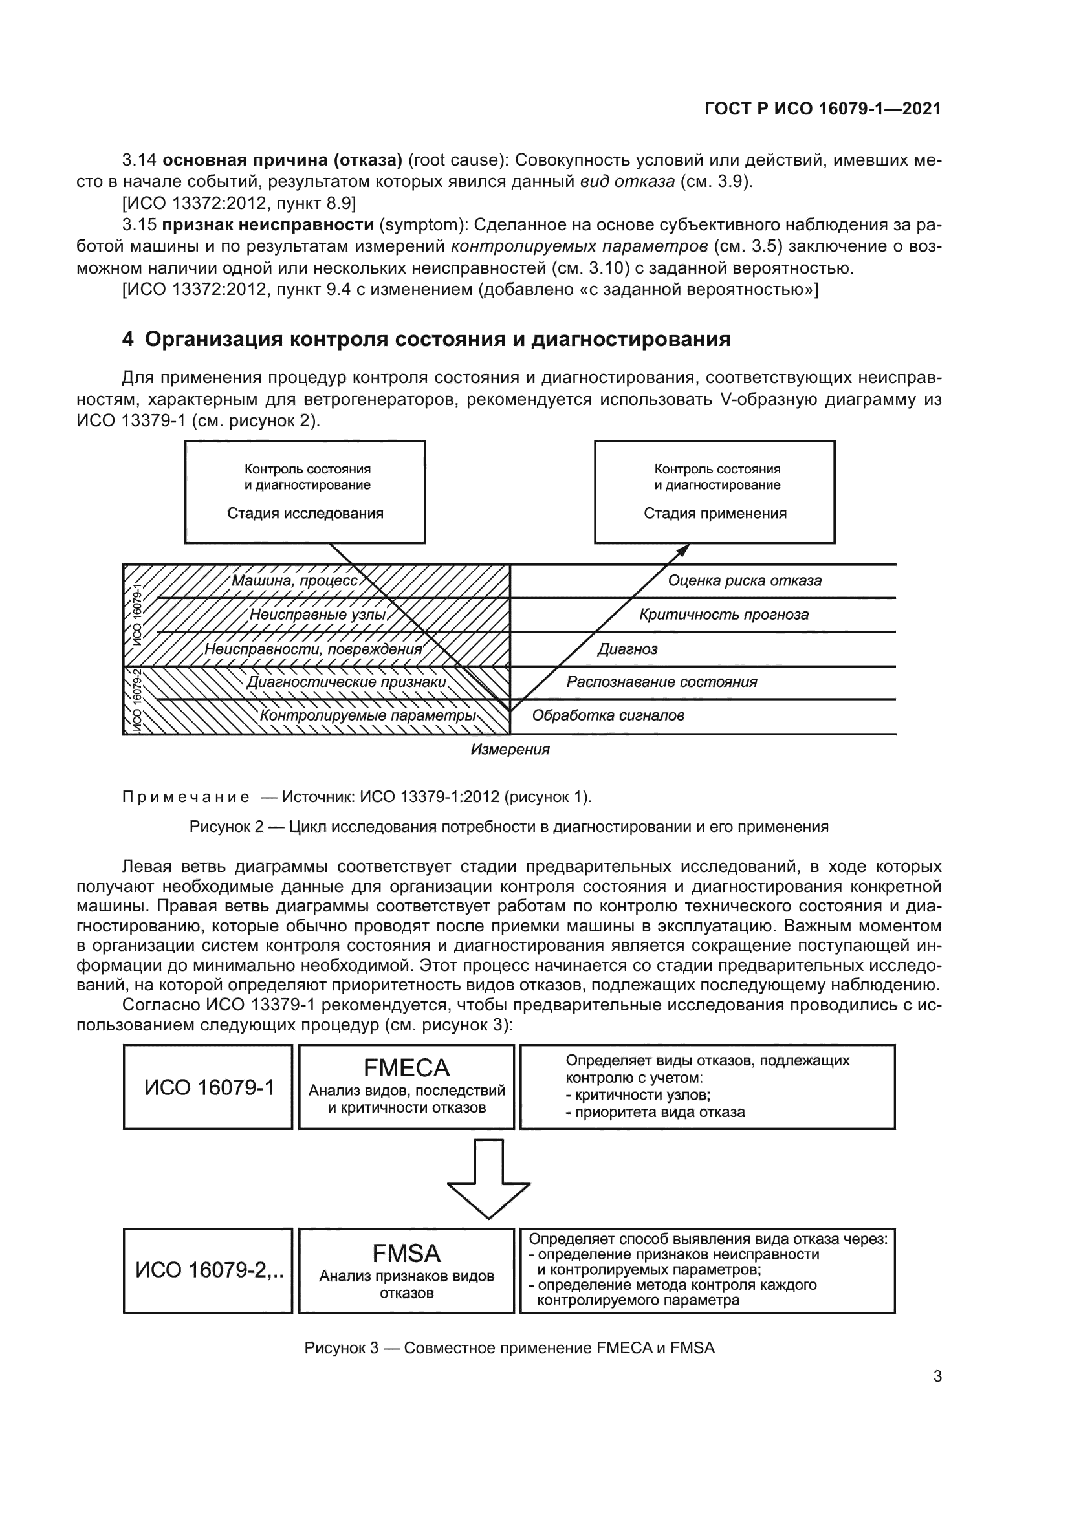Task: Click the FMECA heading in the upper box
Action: (406, 1067)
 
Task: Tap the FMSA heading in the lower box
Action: (406, 1253)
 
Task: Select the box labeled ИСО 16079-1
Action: (208, 1087)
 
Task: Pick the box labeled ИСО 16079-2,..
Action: (208, 1270)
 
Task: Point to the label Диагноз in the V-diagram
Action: (628, 649)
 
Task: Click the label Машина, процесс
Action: (294, 580)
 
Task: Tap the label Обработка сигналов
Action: (608, 715)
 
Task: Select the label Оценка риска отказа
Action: (745, 580)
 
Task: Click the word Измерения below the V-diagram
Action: (510, 750)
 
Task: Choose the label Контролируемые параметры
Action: (368, 716)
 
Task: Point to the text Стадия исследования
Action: (305, 514)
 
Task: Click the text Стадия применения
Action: (715, 514)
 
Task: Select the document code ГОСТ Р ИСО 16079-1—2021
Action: (823, 109)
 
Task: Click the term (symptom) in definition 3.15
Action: (422, 224)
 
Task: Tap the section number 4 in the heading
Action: (128, 340)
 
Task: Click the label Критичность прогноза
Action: (724, 615)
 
